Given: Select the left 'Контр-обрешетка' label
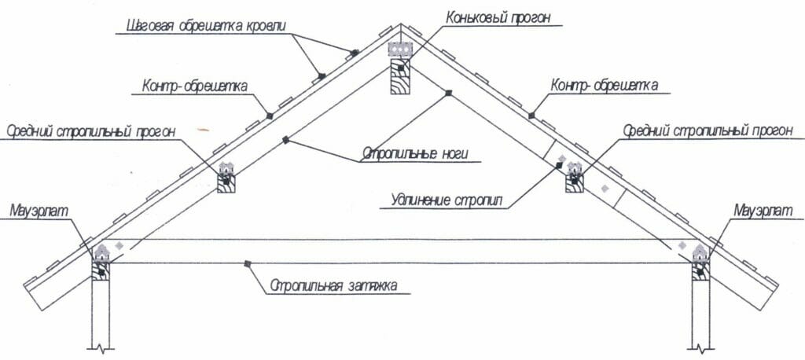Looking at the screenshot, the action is [x=195, y=86].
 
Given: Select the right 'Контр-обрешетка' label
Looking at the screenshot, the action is [x=604, y=85].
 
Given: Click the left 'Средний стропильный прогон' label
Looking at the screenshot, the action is [x=91, y=131].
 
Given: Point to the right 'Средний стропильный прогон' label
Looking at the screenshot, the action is [x=708, y=131].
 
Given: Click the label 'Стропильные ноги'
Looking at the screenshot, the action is [x=415, y=153].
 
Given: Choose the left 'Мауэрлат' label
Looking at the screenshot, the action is [x=39, y=210].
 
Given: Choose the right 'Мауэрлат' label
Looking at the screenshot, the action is [x=763, y=210].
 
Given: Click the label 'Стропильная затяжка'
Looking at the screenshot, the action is [x=333, y=285].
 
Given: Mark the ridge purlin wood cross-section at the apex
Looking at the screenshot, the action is [x=400, y=76].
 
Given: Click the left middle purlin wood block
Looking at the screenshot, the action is [x=226, y=183].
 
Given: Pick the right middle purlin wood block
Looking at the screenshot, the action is [x=575, y=183].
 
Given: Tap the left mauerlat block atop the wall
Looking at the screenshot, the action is [x=101, y=270].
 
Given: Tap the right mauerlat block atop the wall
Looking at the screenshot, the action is [x=700, y=270].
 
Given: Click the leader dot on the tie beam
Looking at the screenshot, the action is [x=248, y=263].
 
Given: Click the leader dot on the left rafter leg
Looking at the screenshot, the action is [x=286, y=140].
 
